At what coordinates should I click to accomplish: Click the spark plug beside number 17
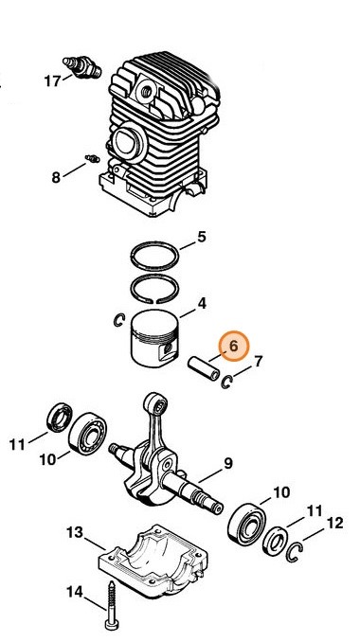coord(82,66)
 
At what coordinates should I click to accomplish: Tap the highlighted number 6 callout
coord(233,346)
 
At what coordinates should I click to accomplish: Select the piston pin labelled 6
coord(204,368)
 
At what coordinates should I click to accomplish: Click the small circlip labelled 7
coord(226,382)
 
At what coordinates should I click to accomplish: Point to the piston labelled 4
coord(154,339)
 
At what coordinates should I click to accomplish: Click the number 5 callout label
coord(202,237)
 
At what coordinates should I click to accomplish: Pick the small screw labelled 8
coord(93,158)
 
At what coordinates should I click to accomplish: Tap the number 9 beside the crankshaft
coord(228,463)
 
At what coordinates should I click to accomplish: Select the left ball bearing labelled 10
coord(88,434)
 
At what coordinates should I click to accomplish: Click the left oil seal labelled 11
coord(60,418)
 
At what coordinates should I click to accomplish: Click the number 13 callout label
coord(75,533)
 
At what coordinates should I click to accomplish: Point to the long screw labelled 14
coord(112,606)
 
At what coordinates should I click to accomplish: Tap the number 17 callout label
coord(52,81)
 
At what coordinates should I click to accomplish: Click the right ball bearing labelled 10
coord(247,525)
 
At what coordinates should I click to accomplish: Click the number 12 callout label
coord(334,523)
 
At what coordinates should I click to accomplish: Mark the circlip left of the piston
coord(118,320)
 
